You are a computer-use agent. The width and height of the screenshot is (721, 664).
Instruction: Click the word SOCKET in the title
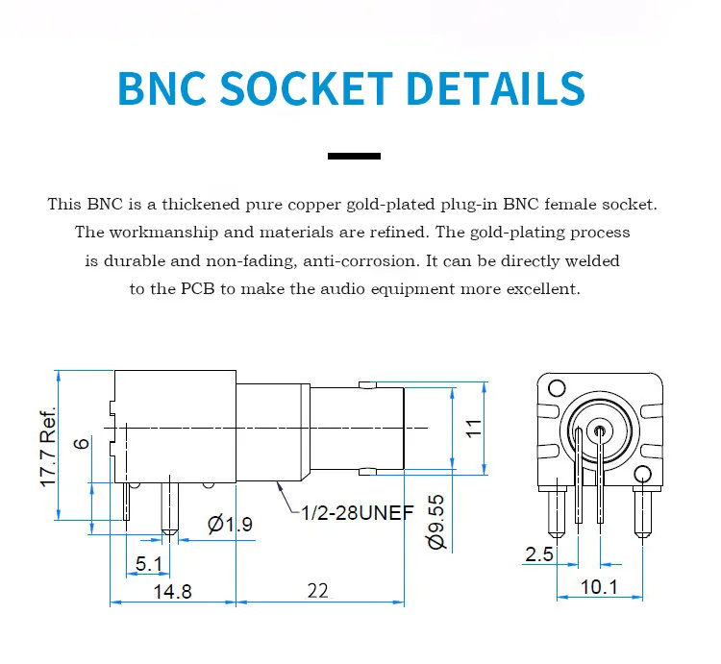307,87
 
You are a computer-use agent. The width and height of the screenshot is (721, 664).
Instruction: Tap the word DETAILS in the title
496,87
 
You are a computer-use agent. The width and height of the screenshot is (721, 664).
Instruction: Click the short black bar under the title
354,157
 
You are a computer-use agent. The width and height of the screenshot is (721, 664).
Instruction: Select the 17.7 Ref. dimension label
48,446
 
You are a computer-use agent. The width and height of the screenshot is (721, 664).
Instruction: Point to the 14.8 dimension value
172,591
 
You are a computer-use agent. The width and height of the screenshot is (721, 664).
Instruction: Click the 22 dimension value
318,591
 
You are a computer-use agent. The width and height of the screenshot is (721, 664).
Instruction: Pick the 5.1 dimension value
148,564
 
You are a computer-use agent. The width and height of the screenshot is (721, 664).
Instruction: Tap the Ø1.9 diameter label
230,525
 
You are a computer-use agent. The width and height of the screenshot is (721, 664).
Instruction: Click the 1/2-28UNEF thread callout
358,513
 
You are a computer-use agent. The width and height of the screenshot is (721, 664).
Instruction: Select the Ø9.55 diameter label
436,522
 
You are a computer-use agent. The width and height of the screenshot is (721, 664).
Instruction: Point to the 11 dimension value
474,429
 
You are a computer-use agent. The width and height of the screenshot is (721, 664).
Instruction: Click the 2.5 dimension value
539,554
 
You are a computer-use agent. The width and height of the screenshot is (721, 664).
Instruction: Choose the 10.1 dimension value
599,587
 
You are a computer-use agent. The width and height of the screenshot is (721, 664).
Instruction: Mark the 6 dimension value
82,443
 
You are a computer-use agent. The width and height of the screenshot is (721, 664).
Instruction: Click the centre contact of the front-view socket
600,431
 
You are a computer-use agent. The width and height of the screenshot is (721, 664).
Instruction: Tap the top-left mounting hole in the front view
557,388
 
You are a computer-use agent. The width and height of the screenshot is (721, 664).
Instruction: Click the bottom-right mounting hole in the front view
643,475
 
